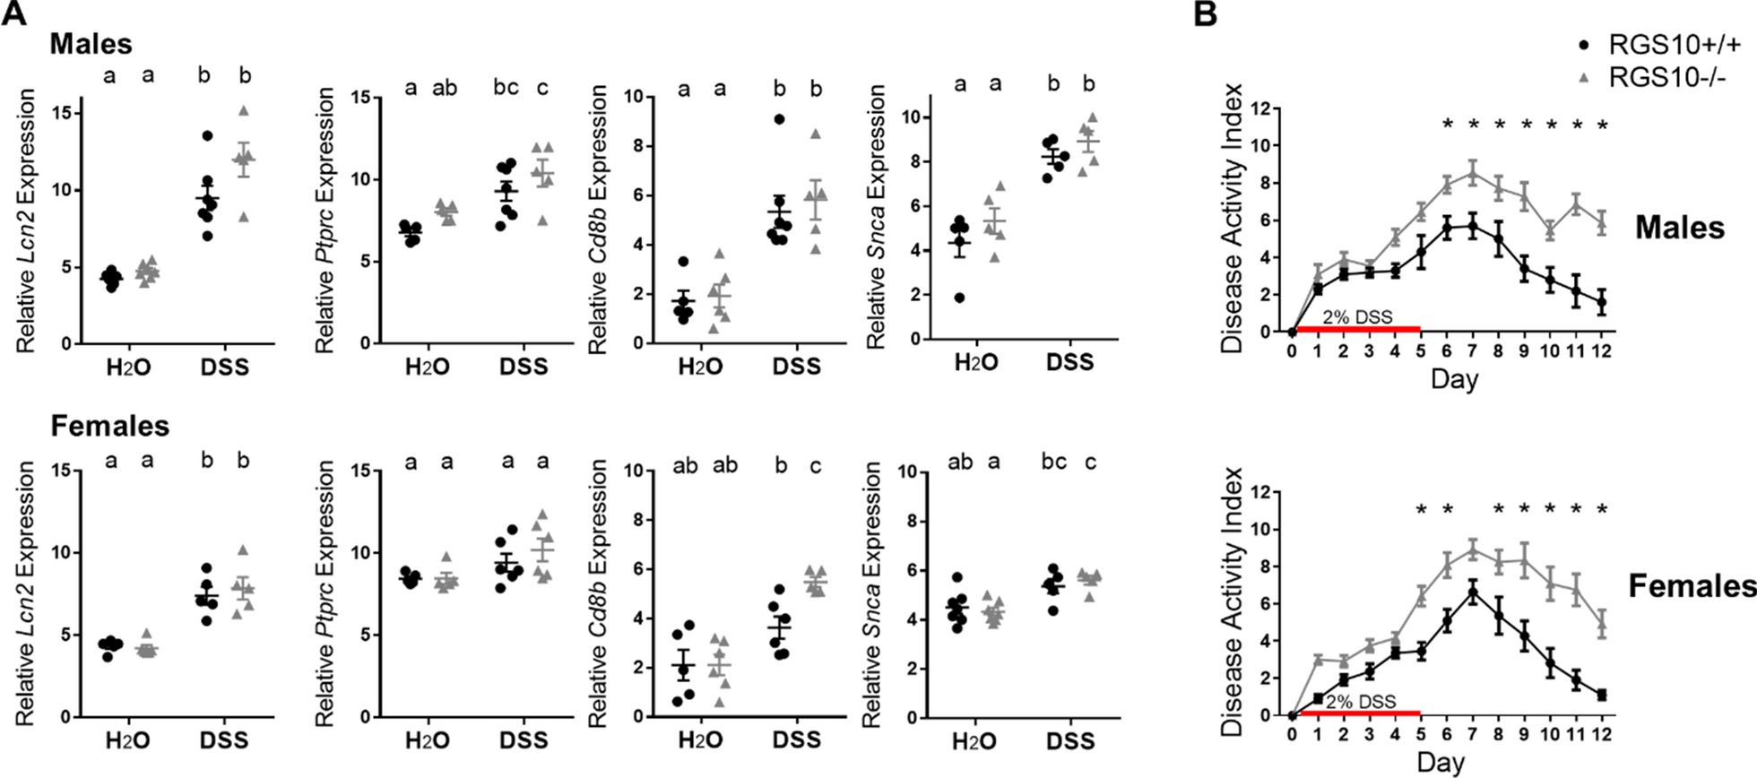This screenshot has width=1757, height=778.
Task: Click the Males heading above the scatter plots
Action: tap(91, 43)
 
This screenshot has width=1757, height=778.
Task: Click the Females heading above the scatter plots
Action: tap(109, 426)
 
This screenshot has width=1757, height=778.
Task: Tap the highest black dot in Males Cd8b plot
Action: tap(779, 119)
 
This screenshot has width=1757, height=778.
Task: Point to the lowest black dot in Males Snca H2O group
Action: tap(960, 298)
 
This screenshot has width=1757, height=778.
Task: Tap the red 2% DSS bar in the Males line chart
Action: tap(1358, 330)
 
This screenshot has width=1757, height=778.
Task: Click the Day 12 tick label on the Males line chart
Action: tap(1602, 351)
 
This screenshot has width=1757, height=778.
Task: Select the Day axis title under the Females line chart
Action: tap(1441, 763)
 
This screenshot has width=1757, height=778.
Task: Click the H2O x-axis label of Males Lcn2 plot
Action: tap(128, 367)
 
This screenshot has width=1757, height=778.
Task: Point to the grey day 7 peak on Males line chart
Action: tap(1473, 172)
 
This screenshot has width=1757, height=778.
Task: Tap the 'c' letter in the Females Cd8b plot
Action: tap(814, 466)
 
